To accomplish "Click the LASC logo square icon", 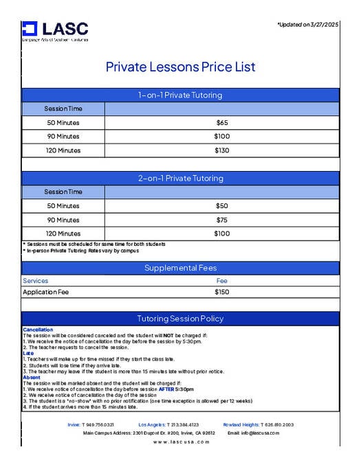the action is coord(29,28).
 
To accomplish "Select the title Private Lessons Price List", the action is coord(180,67).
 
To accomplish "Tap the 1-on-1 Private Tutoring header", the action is coord(180,95).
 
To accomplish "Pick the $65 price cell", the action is coord(221,123).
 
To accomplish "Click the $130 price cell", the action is coord(221,150).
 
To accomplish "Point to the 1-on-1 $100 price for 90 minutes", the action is coord(221,137).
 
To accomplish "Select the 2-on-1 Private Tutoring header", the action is coord(180,179).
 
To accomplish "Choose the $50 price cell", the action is coord(221,206).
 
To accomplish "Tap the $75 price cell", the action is coord(221,220).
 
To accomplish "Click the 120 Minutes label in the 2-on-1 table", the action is coord(63,233).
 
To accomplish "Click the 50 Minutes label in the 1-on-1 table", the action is coord(63,123).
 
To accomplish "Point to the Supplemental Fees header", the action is coord(180,268).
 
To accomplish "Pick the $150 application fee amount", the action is coord(221,292).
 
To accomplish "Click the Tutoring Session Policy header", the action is coord(180,319).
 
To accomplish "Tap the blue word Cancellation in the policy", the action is coord(37,330).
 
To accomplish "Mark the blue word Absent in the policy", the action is coord(32,377).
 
